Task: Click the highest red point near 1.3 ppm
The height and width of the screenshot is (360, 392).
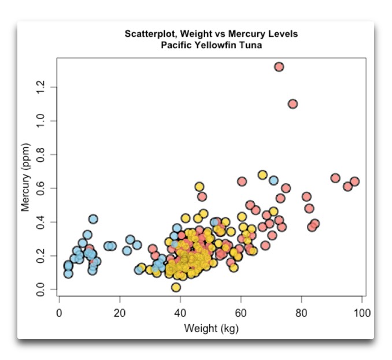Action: (x=279, y=66)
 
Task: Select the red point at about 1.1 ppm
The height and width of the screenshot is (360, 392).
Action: (x=293, y=104)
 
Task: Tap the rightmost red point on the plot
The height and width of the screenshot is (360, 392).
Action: (x=354, y=181)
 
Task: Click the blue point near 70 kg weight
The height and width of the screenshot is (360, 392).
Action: (x=273, y=180)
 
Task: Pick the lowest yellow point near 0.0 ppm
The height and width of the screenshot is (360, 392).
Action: (x=176, y=287)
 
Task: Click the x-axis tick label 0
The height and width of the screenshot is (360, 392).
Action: (x=59, y=313)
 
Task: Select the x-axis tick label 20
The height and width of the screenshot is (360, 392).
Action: (x=120, y=313)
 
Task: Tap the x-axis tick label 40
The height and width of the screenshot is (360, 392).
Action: (x=180, y=313)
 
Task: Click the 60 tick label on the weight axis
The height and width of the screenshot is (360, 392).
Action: (x=241, y=313)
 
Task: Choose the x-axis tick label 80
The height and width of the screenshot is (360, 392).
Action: (x=302, y=313)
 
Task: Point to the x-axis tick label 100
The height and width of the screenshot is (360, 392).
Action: (x=362, y=313)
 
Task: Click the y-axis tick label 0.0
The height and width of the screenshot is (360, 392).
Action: (x=40, y=289)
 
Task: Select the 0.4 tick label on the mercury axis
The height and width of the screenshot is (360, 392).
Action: (x=40, y=222)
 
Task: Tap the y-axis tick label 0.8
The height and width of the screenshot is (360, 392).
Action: (x=40, y=154)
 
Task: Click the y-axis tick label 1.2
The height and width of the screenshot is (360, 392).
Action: (x=40, y=87)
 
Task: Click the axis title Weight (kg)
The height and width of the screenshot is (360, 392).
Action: (x=211, y=329)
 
